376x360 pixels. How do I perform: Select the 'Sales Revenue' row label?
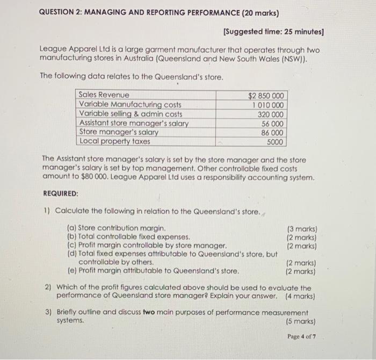coord(104,95)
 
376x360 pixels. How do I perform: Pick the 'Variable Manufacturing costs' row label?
coord(130,105)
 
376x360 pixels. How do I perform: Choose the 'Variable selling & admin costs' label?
coord(131,114)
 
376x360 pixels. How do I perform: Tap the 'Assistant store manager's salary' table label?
coord(134,123)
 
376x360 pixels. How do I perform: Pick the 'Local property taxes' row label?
coord(114,141)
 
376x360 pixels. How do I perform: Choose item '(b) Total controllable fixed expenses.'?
coord(128,236)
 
